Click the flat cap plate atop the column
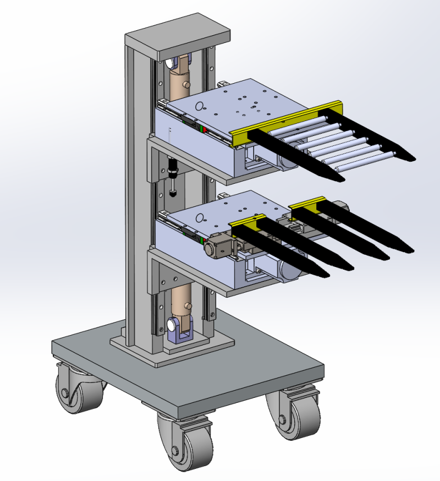[x=176, y=38]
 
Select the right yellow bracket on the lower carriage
[x=305, y=205]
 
